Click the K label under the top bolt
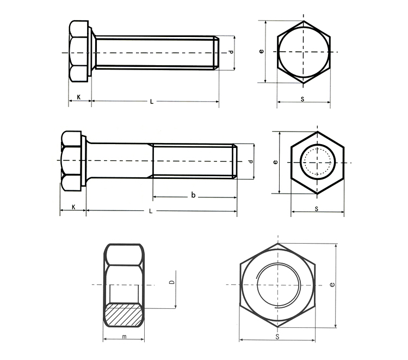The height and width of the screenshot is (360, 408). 79,97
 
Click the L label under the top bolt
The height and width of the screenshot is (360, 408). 152,102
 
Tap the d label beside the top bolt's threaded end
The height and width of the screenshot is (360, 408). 231,52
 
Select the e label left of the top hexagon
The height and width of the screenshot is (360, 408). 262,51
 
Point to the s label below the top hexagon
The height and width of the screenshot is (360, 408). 302,99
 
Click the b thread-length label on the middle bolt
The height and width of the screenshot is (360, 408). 193,195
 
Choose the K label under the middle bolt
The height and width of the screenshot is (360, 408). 73,207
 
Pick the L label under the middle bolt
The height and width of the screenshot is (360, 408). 151,211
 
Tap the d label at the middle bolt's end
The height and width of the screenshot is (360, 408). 251,162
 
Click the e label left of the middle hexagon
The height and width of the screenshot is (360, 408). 276,162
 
